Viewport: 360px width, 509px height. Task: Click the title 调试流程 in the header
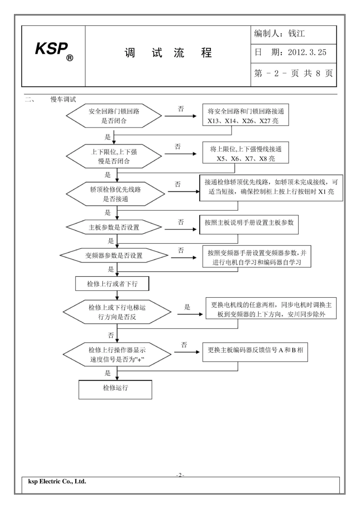coord(168,53)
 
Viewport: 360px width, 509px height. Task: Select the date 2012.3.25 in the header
coord(307,52)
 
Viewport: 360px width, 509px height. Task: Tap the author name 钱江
coord(296,34)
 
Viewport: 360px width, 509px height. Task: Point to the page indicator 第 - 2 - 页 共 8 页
coord(293,73)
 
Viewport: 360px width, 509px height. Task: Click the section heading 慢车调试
coord(63,100)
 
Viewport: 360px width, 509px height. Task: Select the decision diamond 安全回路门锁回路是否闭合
coord(114,116)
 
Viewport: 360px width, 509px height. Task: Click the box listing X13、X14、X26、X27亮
coord(246,116)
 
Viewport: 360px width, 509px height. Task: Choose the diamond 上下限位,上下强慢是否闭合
coord(114,156)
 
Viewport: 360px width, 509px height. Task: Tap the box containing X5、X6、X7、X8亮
coord(246,154)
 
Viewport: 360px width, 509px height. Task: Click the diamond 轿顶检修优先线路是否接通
coord(116,194)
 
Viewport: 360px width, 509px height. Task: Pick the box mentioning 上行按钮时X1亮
coord(271,187)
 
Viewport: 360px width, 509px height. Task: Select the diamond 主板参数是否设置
coord(114,227)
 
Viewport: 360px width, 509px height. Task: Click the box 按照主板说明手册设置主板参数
coord(249,224)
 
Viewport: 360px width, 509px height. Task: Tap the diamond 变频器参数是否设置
coord(114,256)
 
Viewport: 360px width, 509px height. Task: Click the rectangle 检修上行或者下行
coord(112,284)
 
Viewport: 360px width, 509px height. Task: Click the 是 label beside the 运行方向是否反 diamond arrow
coord(187,307)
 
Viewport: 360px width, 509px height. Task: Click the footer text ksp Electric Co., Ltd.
coord(57,482)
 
